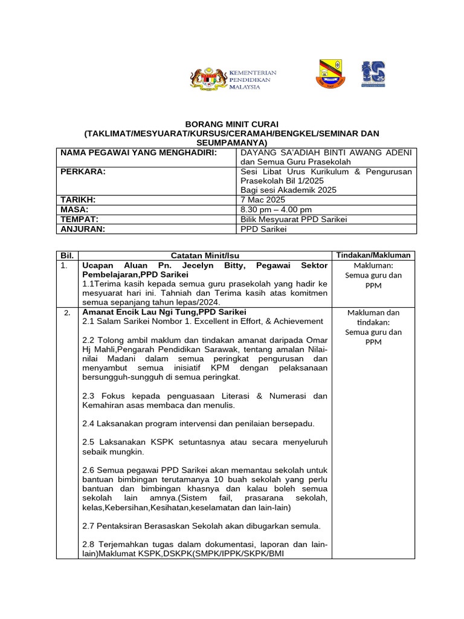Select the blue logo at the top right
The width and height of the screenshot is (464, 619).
[373, 75]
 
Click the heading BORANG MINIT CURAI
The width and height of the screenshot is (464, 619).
[231, 124]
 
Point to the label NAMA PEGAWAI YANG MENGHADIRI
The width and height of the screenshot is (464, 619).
[138, 153]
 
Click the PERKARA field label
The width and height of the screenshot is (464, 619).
[83, 172]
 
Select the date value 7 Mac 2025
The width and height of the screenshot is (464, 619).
[263, 199]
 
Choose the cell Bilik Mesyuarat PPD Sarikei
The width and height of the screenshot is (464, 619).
[294, 219]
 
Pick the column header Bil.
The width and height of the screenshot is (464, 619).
[66, 255]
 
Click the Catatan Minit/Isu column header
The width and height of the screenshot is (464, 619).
[205, 255]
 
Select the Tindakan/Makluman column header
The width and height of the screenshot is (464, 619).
[373, 255]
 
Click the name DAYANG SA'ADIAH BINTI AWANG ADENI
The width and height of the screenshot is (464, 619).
[326, 153]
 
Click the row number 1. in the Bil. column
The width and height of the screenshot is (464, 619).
[65, 265]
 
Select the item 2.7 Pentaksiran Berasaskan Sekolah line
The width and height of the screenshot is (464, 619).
[201, 525]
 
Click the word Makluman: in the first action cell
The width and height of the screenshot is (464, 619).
[373, 265]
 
